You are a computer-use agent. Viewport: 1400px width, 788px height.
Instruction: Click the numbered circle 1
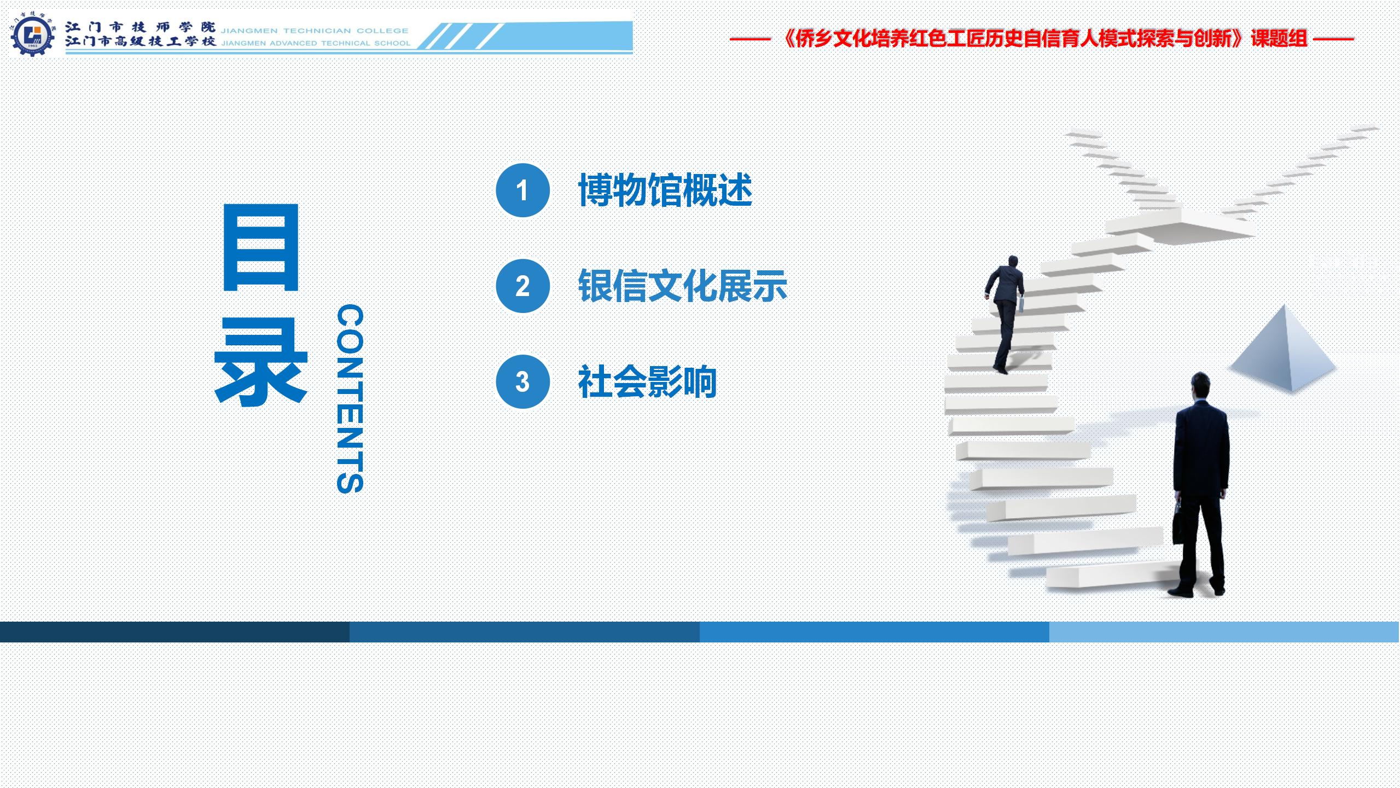click(x=522, y=190)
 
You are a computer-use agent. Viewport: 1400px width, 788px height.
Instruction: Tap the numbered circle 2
click(x=522, y=286)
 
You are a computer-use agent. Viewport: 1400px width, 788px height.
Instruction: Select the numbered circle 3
click(x=522, y=381)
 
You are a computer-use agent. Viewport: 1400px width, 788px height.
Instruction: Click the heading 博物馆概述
click(x=665, y=190)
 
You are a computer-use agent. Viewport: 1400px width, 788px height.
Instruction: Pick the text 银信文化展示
click(x=683, y=286)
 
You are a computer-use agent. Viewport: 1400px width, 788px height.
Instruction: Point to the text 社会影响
click(x=648, y=382)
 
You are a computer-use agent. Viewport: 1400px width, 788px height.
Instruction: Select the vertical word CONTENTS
click(x=350, y=399)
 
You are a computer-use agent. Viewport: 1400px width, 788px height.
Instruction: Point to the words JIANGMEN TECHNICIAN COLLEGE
click(x=315, y=31)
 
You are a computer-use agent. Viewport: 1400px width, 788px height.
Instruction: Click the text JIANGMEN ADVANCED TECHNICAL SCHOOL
click(x=316, y=43)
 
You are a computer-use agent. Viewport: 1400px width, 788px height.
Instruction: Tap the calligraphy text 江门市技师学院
click(x=141, y=27)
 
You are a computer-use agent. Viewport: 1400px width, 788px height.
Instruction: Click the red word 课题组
click(x=1279, y=38)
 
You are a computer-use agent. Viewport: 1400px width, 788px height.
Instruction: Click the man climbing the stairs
click(x=1005, y=314)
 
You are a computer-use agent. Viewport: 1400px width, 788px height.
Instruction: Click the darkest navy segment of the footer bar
click(x=175, y=631)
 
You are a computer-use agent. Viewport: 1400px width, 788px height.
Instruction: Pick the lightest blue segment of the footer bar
click(x=1224, y=631)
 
